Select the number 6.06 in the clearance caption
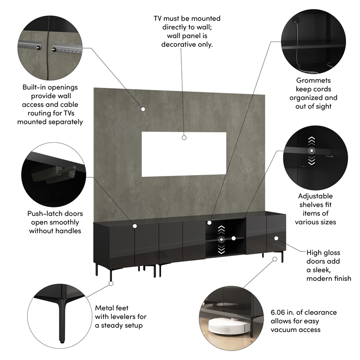click(280, 312)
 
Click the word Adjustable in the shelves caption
click(315, 196)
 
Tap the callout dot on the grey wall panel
click(143, 108)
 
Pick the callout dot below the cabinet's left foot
click(111, 283)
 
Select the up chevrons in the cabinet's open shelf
click(221, 230)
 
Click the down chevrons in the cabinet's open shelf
click(221, 250)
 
